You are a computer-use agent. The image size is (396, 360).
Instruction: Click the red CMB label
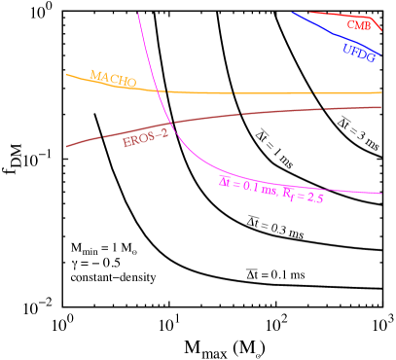359,25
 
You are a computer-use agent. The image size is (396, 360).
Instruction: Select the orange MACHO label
113,79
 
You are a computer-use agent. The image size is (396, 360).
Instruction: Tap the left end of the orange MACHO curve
66,74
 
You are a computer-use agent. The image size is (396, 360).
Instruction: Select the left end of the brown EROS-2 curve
66,147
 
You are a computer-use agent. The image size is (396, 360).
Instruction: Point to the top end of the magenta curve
138,13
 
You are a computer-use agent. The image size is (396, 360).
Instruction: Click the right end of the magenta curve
380,193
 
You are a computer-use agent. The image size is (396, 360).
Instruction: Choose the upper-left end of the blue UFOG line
293,13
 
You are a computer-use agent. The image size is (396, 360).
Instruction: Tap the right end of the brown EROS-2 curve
380,107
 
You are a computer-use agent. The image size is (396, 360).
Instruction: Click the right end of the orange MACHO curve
380,92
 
